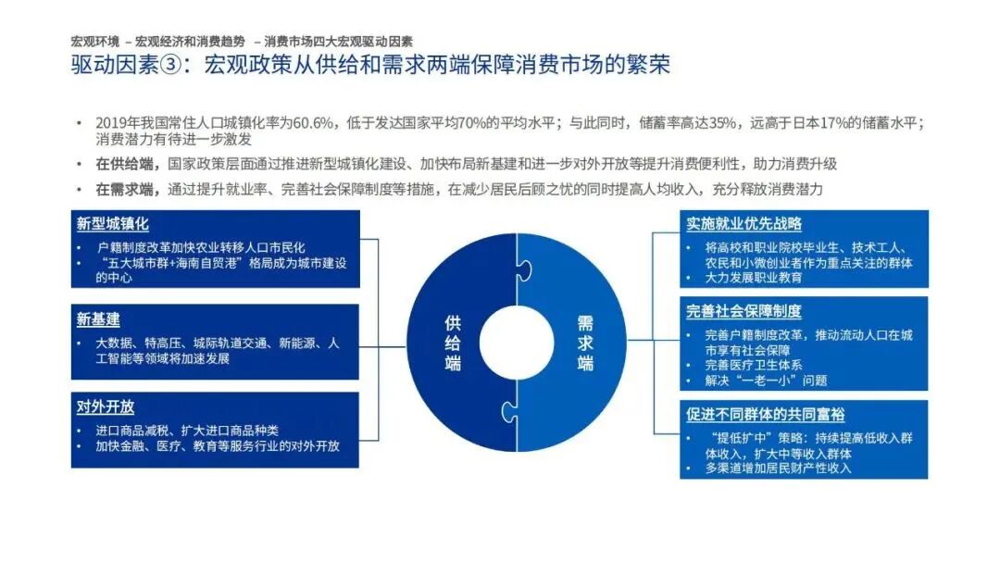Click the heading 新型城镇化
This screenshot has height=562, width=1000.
click(x=112, y=224)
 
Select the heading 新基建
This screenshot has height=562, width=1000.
click(x=98, y=319)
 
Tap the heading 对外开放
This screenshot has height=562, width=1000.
click(x=105, y=406)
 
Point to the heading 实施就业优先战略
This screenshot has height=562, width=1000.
click(x=744, y=224)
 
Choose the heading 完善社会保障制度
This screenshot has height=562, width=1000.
click(x=744, y=311)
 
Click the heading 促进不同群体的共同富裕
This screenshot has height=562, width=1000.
click(x=765, y=415)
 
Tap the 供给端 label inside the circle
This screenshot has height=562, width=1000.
click(x=453, y=342)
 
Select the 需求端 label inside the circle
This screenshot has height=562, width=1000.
click(x=585, y=342)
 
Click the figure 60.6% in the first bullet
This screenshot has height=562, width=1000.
click(x=311, y=123)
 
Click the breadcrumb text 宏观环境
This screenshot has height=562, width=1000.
click(x=94, y=41)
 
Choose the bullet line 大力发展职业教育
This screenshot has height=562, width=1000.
click(x=754, y=277)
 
